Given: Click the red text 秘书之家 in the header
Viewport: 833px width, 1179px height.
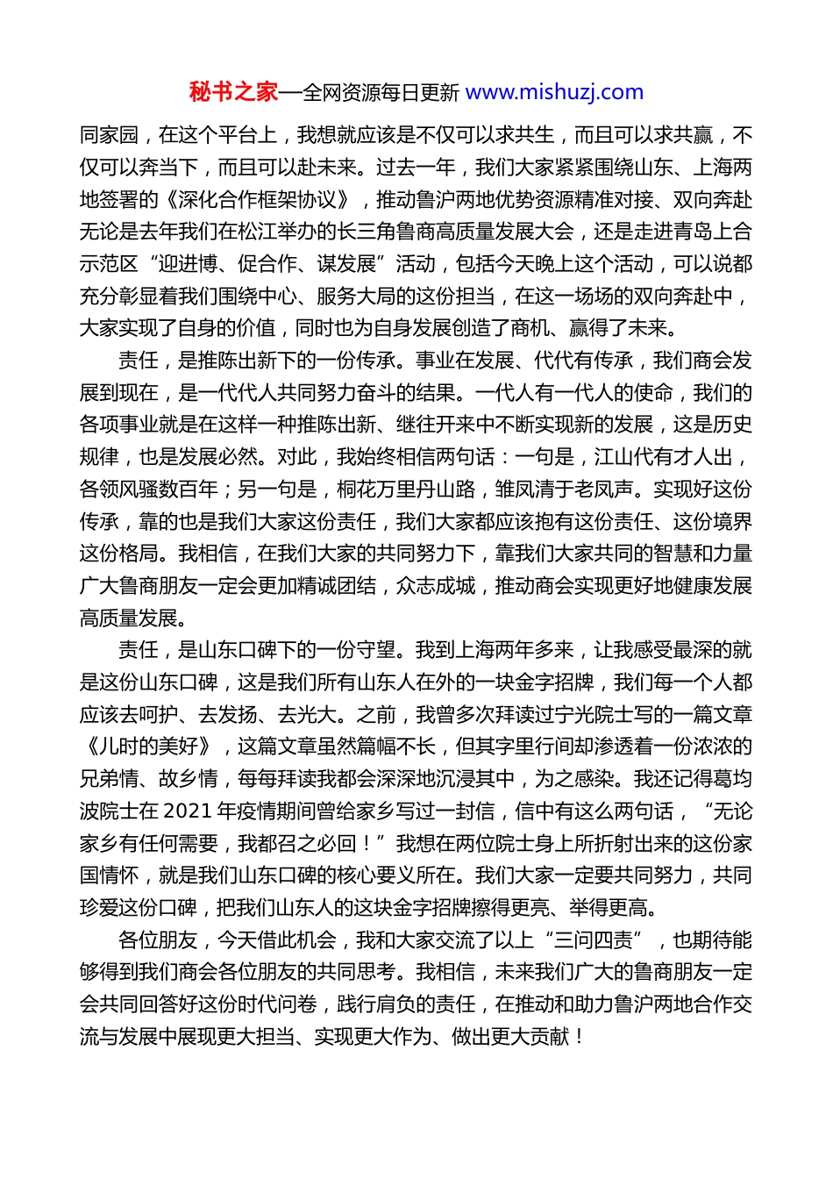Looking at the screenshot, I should click(233, 92).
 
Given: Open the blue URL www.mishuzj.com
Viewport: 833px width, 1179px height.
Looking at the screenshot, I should click(554, 92).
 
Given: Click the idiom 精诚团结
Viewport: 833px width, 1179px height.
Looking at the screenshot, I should click(337, 586).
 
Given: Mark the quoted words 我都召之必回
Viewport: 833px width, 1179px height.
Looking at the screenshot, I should click(297, 844).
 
